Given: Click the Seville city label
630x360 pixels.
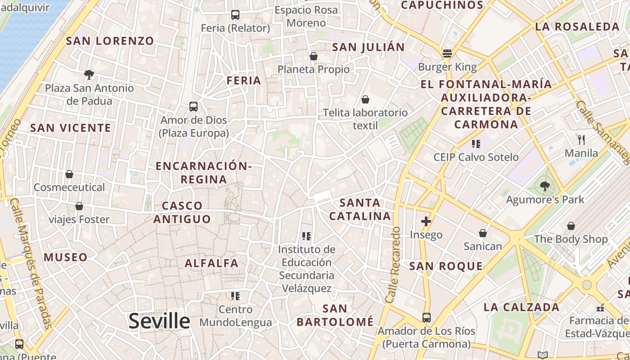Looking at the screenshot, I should pos(159,321).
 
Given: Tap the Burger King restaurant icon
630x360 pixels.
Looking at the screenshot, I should pos(447,54).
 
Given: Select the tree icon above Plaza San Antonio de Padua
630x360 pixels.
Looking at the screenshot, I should pos(89,74).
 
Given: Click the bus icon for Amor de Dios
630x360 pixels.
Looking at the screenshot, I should pos(193,107).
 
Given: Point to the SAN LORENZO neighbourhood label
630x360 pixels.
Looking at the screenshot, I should pos(110,41).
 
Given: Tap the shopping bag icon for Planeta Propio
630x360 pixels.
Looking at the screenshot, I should pos(314,56).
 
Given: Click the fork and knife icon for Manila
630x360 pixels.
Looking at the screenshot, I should pos(581,139).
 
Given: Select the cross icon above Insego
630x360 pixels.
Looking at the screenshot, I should pos(426,221).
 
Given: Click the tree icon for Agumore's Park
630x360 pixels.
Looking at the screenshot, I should pos(545,186).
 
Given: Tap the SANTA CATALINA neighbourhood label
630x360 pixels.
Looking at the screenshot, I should pos(360,209).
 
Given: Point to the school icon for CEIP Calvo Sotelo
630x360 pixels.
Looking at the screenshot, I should pos(476,144).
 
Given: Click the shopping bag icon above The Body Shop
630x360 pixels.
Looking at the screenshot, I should pos(571,226).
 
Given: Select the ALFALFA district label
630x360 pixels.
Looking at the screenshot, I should pos(211,263).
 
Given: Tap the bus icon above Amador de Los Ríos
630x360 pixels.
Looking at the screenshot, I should pos(426,318).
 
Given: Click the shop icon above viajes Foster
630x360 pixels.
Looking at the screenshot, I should pos(79,206).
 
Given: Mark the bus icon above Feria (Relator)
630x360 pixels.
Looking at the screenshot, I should pos(235,15).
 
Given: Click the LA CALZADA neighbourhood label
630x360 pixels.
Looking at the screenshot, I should pos(521,307).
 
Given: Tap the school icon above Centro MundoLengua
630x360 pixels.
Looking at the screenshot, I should pos(235,296).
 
